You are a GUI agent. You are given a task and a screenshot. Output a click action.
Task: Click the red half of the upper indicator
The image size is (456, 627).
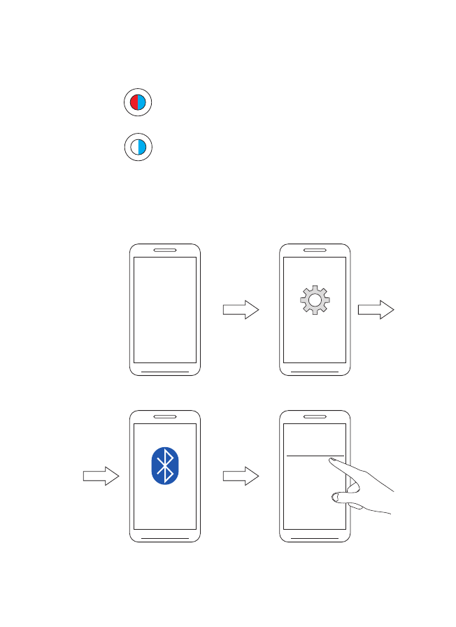(134, 103)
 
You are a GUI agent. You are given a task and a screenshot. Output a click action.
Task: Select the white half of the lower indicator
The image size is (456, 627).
(134, 147)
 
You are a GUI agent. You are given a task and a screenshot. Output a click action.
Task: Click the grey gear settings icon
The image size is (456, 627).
(314, 300)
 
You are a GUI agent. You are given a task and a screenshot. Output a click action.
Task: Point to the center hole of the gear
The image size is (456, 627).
(314, 300)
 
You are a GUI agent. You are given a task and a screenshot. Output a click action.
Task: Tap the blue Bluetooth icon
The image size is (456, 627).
(165, 465)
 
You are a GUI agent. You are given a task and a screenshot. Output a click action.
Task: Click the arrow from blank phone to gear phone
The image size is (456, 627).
(241, 310)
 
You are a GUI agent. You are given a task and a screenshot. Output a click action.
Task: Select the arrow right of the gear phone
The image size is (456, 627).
(376, 310)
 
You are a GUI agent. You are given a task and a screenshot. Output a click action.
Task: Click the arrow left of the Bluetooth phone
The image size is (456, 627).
(101, 476)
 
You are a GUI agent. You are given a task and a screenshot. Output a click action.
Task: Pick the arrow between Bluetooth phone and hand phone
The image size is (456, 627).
(241, 476)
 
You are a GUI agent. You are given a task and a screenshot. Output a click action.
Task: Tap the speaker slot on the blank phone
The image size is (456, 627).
(165, 250)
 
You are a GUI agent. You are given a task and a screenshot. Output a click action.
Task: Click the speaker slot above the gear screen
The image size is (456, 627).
(314, 250)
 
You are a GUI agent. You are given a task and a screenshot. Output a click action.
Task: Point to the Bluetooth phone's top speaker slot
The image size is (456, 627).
(165, 416)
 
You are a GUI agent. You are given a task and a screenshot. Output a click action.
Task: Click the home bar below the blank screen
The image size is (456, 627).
(165, 371)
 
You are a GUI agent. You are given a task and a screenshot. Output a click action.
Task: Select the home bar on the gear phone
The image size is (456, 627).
(314, 371)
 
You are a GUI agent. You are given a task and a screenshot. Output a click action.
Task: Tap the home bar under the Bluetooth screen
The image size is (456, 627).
(165, 537)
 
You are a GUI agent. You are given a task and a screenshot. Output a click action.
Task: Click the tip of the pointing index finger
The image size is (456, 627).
(332, 460)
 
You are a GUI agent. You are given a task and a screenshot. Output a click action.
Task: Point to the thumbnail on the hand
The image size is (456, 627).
(335, 497)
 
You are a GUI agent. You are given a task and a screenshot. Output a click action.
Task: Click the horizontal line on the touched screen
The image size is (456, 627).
(308, 456)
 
